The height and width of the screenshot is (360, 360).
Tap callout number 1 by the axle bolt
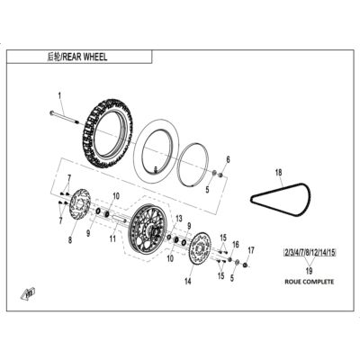tap(59, 96)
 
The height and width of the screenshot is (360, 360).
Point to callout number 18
tap(279, 173)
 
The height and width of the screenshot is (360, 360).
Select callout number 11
tap(112, 238)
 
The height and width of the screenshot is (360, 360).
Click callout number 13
tap(179, 219)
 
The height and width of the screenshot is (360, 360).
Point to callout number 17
tap(251, 250)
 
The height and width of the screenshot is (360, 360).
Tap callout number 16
tap(236, 245)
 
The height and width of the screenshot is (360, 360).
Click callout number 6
tap(228, 159)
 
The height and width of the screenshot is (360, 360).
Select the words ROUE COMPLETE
tap(309, 282)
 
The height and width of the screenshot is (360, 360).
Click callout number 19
tap(309, 271)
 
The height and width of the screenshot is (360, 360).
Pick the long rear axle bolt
tap(64, 117)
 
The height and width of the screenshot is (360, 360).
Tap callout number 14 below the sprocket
tap(188, 282)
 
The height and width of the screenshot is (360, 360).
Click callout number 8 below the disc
tap(70, 240)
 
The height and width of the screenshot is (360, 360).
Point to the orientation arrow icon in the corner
tap(28, 293)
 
